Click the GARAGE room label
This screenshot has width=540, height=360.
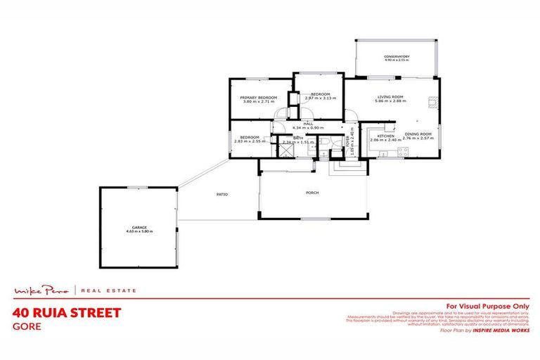[139, 227]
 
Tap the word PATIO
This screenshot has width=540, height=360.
[221, 194]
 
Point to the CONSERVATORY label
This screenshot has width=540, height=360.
[397, 56]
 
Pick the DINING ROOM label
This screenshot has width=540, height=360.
[418, 134]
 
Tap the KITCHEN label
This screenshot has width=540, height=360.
[385, 136]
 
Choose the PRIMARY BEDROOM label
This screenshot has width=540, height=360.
[258, 97]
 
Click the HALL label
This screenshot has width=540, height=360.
[307, 124]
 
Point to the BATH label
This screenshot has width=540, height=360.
[297, 137]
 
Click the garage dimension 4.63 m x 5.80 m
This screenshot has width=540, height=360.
[139, 231]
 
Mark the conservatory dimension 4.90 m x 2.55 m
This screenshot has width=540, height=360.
[397, 60]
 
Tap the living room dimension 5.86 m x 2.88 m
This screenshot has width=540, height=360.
[390, 101]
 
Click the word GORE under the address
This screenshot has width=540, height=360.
[27, 326]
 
